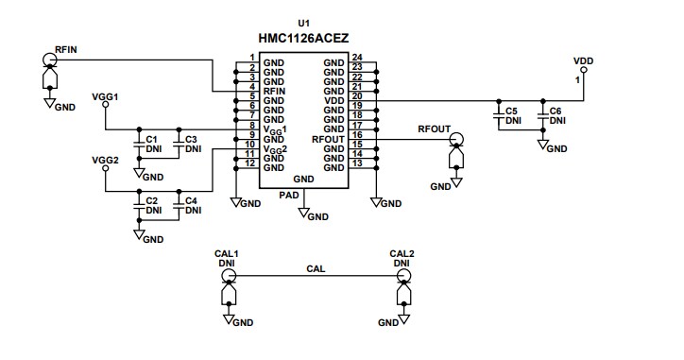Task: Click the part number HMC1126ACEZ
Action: coord(302,40)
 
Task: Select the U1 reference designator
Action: coord(302,23)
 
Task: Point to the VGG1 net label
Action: coord(105,97)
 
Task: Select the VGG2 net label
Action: coord(105,161)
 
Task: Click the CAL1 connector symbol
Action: coord(228,276)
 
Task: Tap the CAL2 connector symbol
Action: coord(402,276)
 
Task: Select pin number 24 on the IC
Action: coord(357,58)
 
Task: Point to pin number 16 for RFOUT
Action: coord(357,136)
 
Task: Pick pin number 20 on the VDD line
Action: coord(357,96)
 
